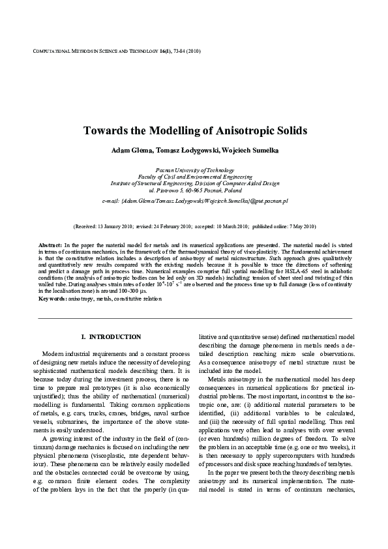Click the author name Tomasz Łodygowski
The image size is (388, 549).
click(x=187, y=151)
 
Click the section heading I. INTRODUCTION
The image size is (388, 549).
click(x=111, y=337)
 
